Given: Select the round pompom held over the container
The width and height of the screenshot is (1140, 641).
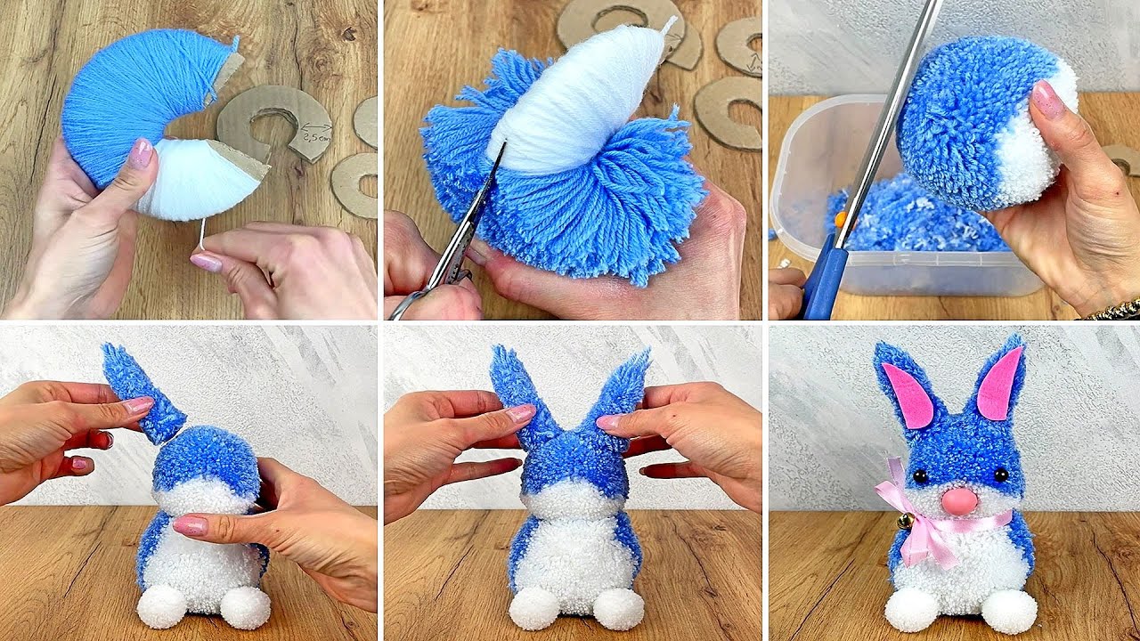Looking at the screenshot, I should [x=984, y=125].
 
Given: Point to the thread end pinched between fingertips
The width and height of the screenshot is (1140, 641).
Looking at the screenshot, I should [x=204, y=236].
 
